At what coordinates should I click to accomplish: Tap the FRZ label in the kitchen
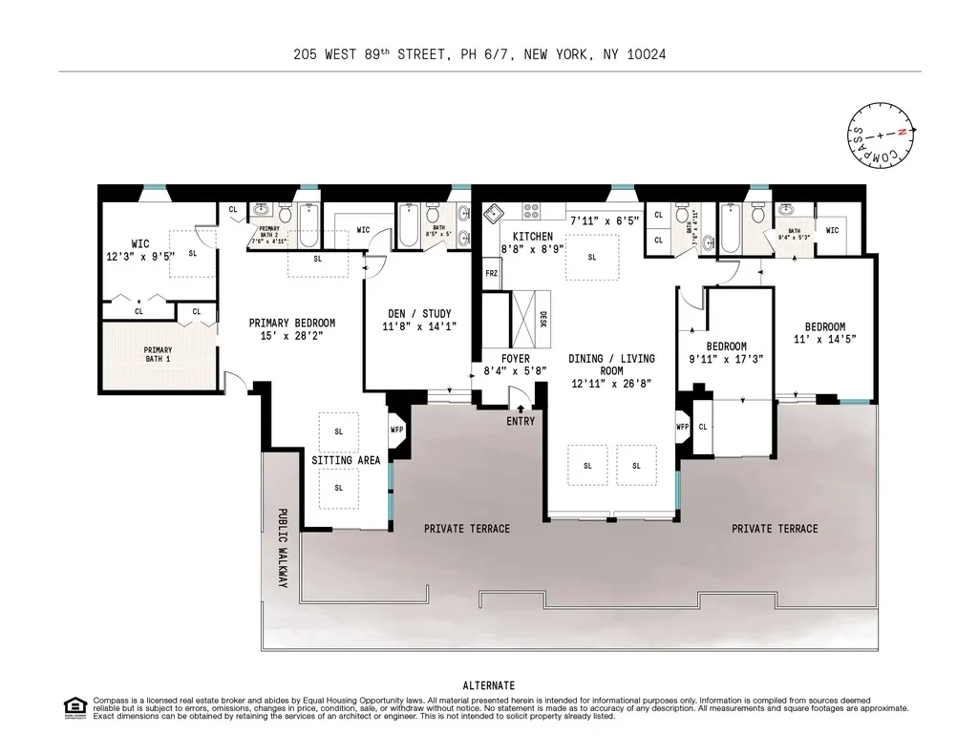pos(492,274)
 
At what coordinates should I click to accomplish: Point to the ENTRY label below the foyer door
pos(521,421)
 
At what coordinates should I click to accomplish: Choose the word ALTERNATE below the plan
pos(488,685)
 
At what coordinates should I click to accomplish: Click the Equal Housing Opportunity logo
pos(74,707)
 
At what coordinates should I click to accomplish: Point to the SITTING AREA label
pos(346,460)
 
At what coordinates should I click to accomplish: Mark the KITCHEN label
pos(532,236)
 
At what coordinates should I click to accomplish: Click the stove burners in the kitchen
pos(532,211)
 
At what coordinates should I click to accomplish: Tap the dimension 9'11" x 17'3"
pos(726,360)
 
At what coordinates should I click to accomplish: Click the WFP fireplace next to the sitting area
pos(397,430)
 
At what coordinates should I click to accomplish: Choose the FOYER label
pos(515,359)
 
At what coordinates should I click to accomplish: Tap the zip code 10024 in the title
pos(647,54)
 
